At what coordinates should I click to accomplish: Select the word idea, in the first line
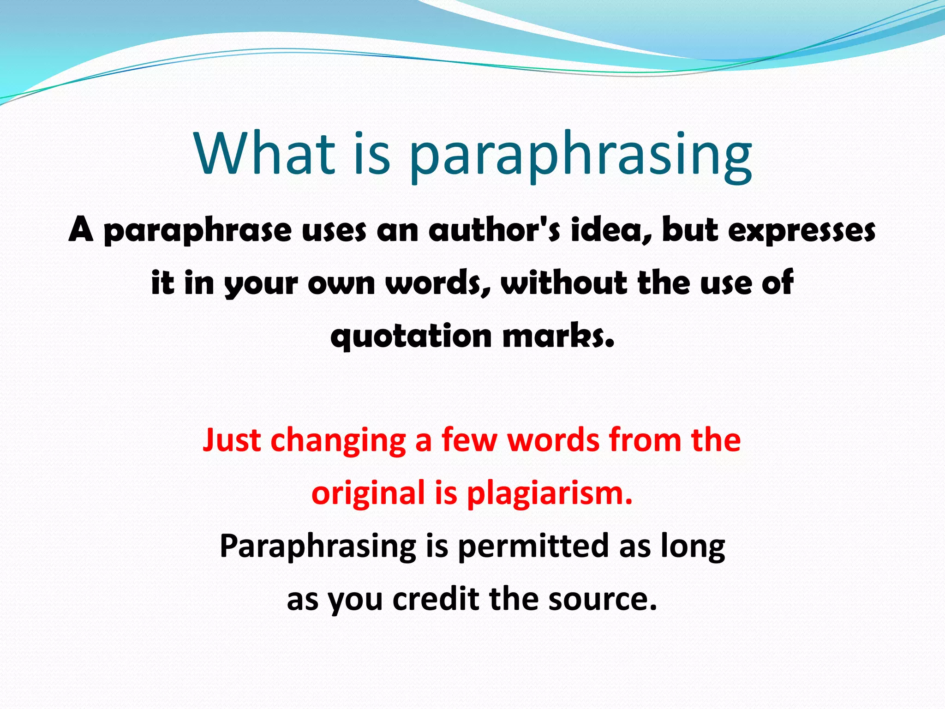(612, 229)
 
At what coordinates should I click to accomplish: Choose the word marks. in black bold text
(558, 335)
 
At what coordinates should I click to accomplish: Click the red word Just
(232, 440)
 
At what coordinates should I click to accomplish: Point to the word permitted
(533, 546)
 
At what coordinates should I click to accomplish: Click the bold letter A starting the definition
(81, 229)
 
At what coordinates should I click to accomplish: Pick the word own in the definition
(341, 283)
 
